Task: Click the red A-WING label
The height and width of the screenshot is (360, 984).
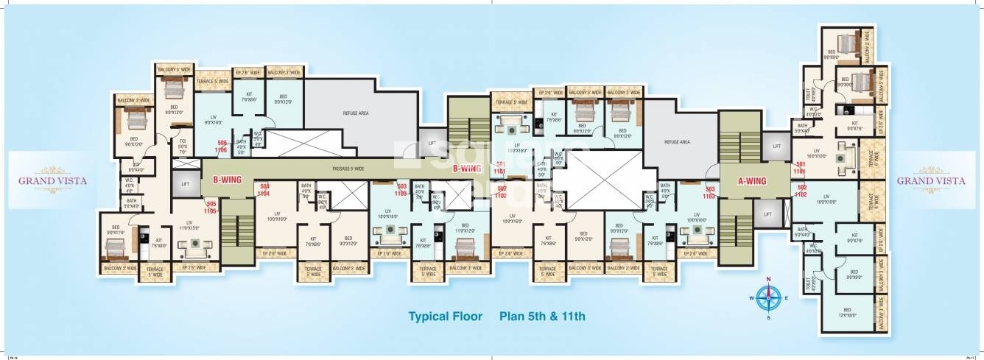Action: point(752,181)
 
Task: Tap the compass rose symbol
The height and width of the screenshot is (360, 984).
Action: point(768,297)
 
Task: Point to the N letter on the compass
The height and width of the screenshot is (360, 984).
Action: point(768,279)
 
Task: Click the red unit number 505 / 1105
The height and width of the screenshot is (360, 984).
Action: point(211,207)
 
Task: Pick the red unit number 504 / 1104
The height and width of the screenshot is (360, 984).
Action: point(265,190)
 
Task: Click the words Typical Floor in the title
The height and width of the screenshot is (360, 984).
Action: point(445,317)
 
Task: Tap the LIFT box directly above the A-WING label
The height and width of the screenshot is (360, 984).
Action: point(776,147)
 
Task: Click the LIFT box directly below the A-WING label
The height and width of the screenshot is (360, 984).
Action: point(768,214)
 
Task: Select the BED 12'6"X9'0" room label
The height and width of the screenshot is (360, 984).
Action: point(847,311)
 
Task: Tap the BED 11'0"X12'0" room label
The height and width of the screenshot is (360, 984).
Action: point(465,227)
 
